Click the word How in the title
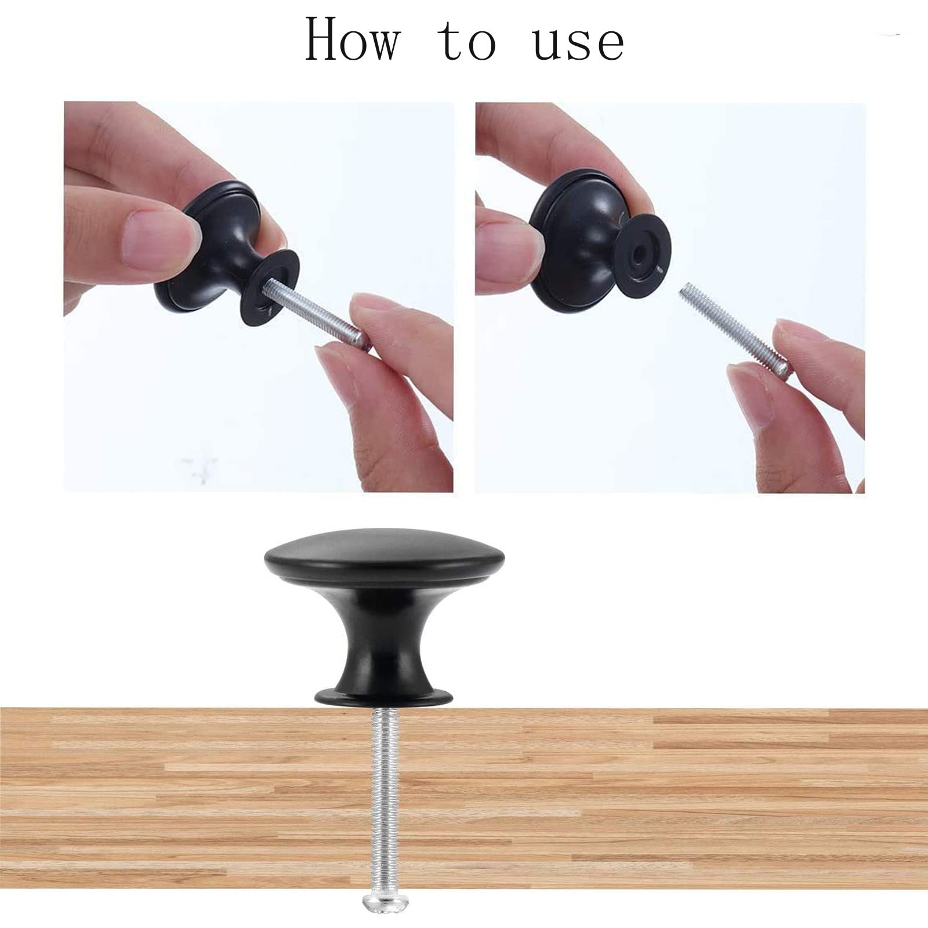352,39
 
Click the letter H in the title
325,39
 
